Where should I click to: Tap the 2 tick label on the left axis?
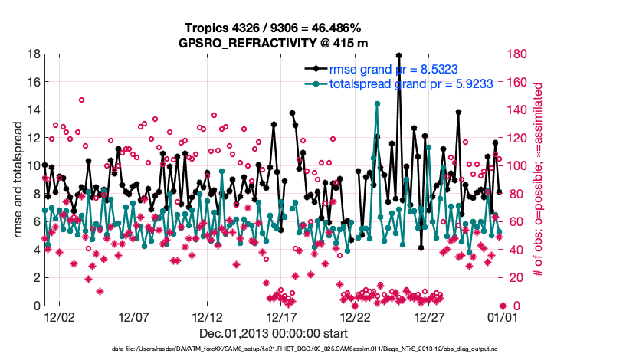(36, 277)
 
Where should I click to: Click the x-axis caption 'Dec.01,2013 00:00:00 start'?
(273, 333)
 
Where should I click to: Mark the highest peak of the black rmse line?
(398, 55)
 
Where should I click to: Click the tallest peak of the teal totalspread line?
(377, 103)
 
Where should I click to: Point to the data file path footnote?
(317, 349)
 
